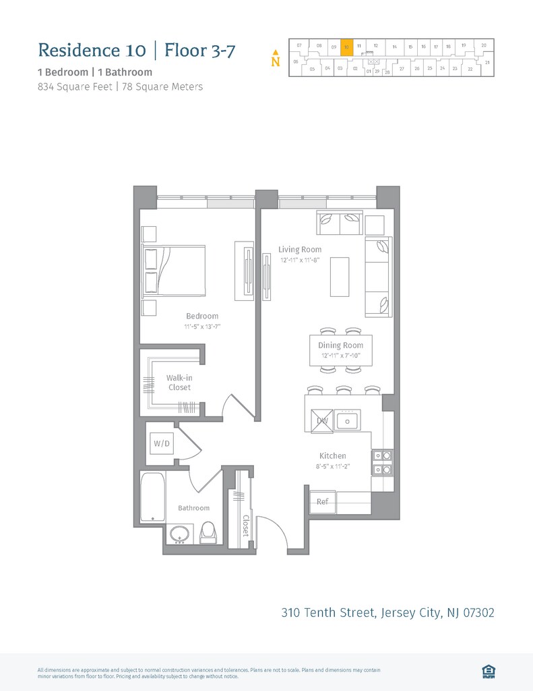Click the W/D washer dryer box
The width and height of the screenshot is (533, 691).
[x=162, y=443]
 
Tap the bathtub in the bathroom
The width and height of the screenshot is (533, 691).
[x=153, y=497]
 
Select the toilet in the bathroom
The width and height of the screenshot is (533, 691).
[x=209, y=532]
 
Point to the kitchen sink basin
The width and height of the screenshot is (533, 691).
[x=348, y=420]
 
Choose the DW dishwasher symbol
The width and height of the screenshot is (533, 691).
[x=322, y=421]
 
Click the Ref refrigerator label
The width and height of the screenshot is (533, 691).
[x=323, y=501]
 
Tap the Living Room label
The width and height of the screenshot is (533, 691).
[x=300, y=250]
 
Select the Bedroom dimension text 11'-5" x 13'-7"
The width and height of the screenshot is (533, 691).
[x=203, y=327]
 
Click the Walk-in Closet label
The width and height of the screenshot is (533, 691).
[x=179, y=383]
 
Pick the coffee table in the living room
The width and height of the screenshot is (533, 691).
[x=340, y=277]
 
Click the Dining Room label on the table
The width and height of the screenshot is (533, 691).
[x=340, y=345]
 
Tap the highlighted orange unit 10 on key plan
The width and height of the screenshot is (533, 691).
[x=346, y=47]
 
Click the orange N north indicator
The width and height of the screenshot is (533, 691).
[x=275, y=60]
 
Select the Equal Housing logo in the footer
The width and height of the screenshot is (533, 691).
[x=489, y=671]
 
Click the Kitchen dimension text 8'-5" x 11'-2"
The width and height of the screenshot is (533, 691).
[x=333, y=466]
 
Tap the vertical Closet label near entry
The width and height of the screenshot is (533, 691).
[x=246, y=526]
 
